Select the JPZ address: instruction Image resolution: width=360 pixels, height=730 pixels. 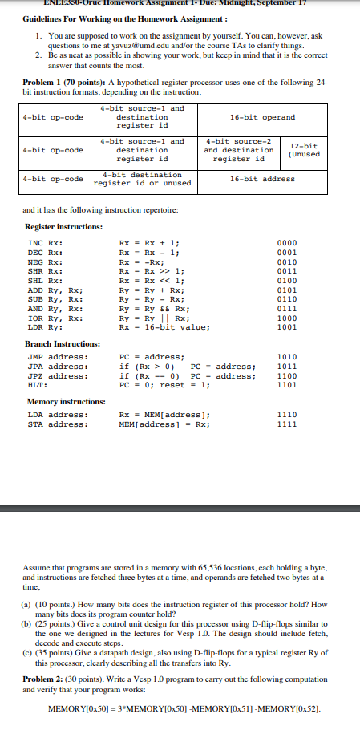click(x=58, y=375)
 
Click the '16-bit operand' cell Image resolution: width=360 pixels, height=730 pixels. click(x=261, y=117)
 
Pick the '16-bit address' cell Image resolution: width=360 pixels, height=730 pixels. click(x=261, y=179)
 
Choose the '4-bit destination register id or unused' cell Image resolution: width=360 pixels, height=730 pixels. click(x=143, y=179)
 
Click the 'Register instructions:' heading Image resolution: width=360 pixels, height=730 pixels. click(x=63, y=227)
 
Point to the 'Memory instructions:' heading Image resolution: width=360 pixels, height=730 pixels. click(x=66, y=401)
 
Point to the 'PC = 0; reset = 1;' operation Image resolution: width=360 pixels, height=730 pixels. click(x=164, y=385)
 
